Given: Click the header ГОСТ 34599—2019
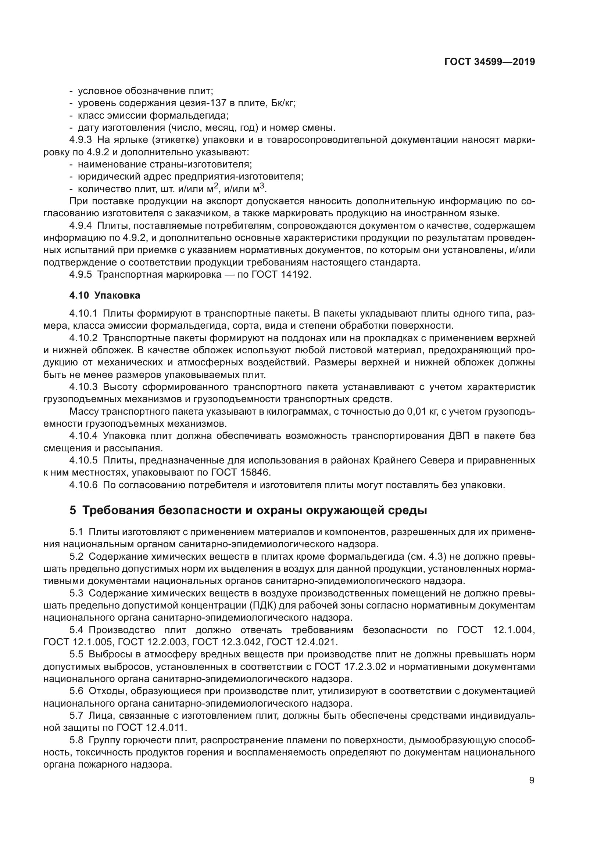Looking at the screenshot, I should (x=489, y=62).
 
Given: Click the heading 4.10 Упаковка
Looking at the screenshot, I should (x=104, y=295).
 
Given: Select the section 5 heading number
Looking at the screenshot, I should (x=73, y=510).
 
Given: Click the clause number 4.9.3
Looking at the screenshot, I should (x=81, y=140).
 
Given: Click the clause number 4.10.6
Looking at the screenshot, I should (x=83, y=485).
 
